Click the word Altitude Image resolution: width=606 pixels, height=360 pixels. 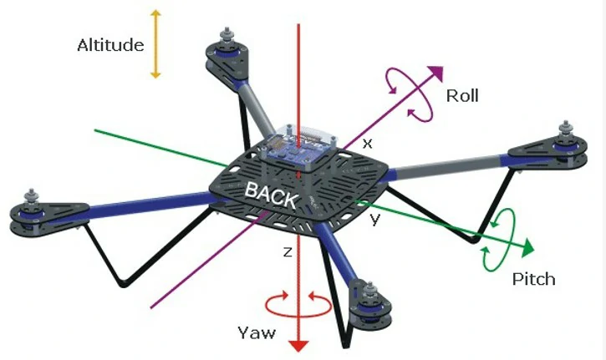coord(111,44)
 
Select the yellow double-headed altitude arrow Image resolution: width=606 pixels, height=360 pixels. coord(155,44)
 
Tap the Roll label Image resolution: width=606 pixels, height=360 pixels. coord(462,95)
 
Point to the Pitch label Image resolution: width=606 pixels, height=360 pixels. coord(533,279)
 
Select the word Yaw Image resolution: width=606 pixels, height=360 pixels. coord(255,333)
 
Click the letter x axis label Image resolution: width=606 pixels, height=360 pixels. coord(366,143)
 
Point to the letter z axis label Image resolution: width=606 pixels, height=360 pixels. coord(287,251)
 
